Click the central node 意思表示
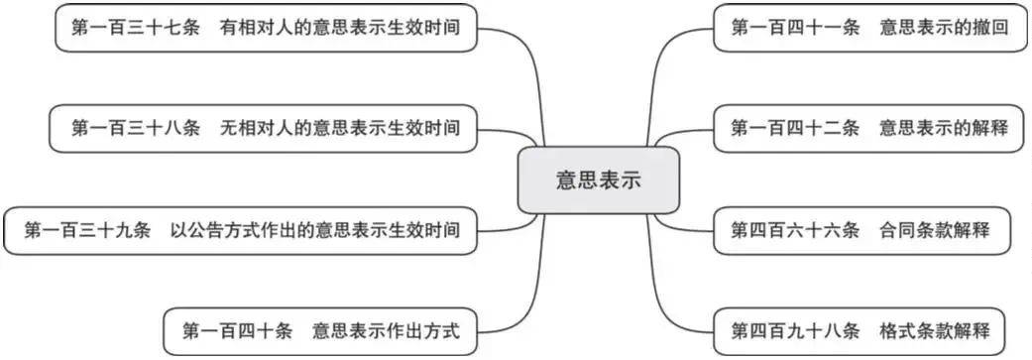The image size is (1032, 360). point(598,180)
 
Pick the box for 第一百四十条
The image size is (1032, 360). point(320,329)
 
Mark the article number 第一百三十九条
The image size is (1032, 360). point(87,231)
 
